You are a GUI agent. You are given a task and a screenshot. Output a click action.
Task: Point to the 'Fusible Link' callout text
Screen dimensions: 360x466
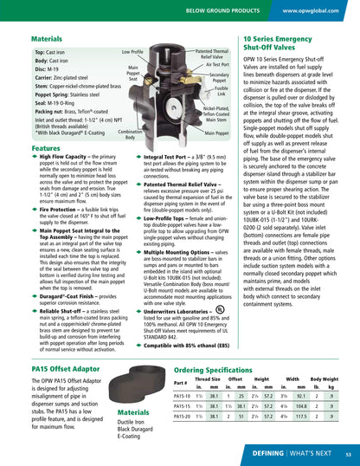[221, 89]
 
